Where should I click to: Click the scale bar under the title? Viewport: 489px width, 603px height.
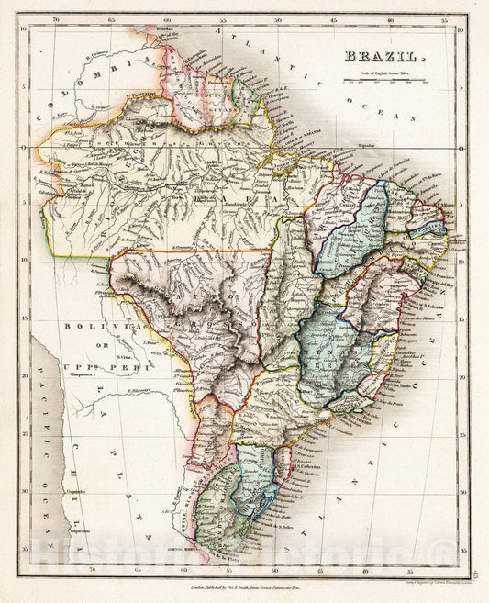tap(384, 81)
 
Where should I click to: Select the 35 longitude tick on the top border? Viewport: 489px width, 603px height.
tap(445, 18)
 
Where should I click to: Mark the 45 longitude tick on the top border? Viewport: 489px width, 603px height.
tap(334, 18)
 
